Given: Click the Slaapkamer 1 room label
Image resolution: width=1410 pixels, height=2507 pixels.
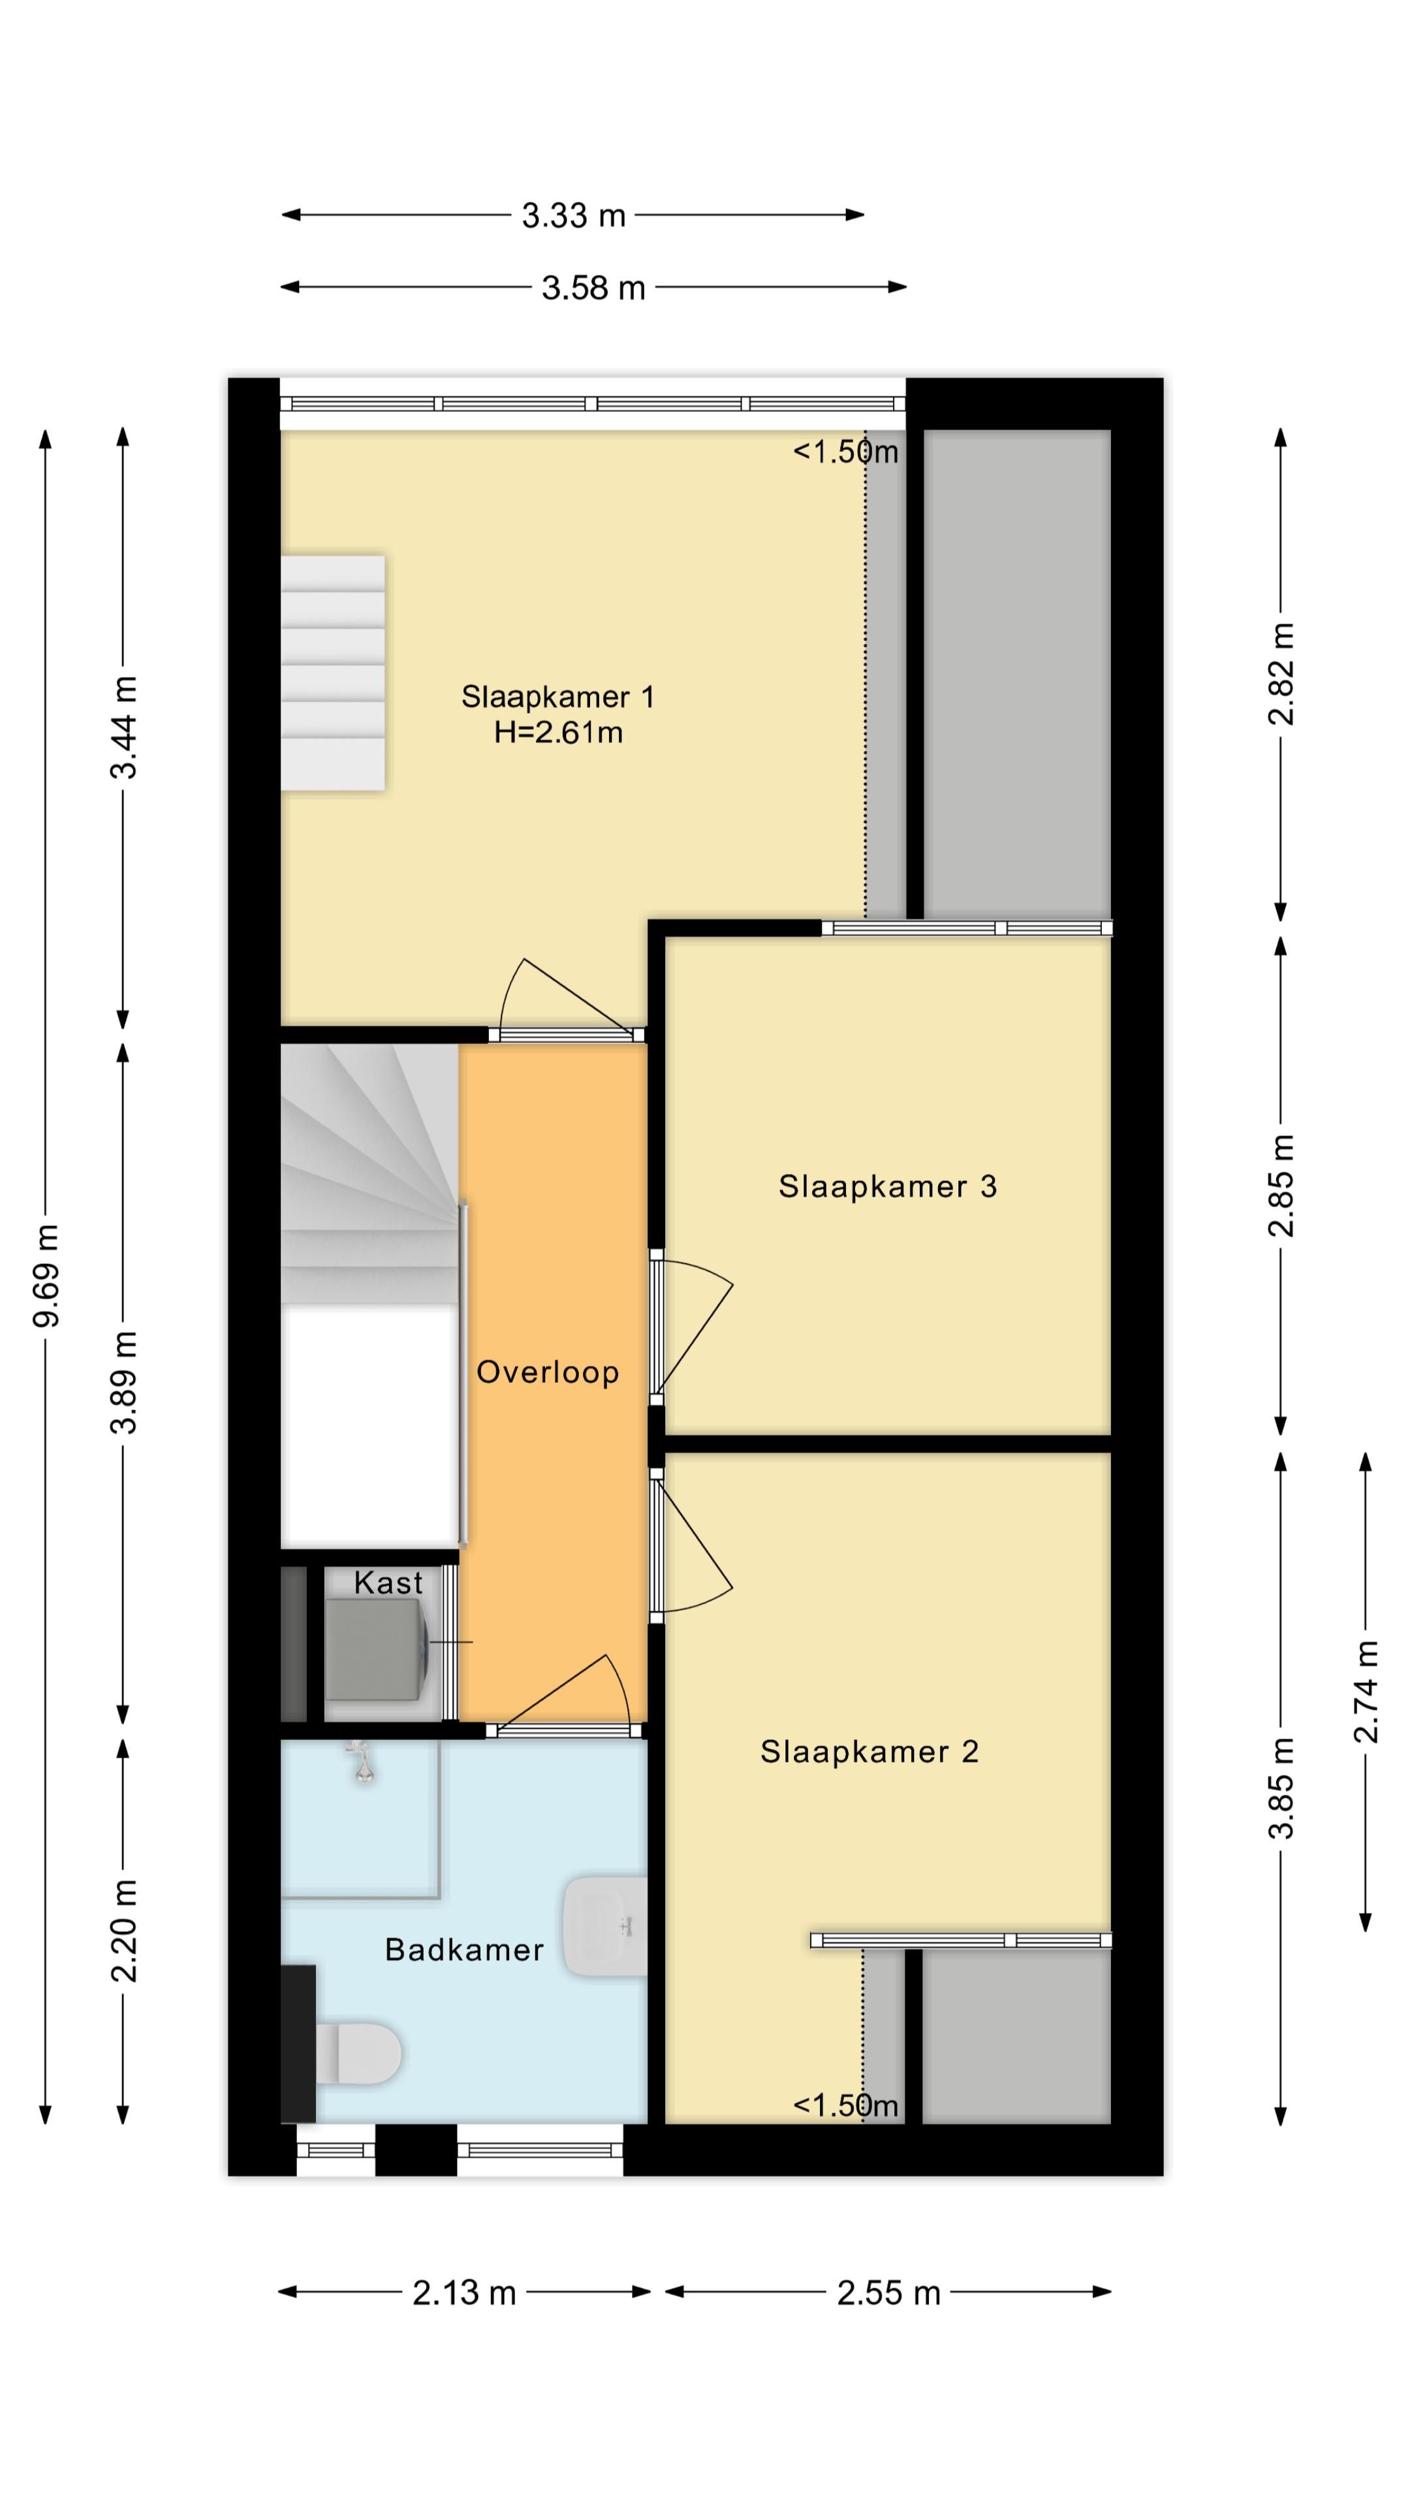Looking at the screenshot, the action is coord(557,697).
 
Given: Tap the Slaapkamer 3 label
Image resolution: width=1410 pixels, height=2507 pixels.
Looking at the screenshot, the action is coord(888,1186).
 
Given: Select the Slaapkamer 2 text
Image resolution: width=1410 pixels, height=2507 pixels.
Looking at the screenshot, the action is coord(869,1752).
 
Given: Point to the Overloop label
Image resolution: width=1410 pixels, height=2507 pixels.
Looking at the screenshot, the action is coord(547,1372).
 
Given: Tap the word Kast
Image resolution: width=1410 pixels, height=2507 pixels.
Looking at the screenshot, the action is coord(388,1583).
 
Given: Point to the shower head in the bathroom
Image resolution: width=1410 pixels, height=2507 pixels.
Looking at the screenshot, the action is coord(363,1761).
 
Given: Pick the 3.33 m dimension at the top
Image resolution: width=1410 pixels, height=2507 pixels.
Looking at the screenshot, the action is coord(573,215).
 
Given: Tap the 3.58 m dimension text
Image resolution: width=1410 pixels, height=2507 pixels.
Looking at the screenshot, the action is coord(593,288).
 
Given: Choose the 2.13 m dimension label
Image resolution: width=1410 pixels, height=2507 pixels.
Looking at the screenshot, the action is coord(464,2293).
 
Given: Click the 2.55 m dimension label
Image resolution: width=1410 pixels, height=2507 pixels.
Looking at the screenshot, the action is coord(888,2293).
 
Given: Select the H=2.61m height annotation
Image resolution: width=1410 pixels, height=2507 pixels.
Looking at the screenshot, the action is coord(557,733).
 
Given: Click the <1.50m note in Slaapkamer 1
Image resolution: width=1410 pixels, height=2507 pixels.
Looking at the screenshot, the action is coord(845,452).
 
